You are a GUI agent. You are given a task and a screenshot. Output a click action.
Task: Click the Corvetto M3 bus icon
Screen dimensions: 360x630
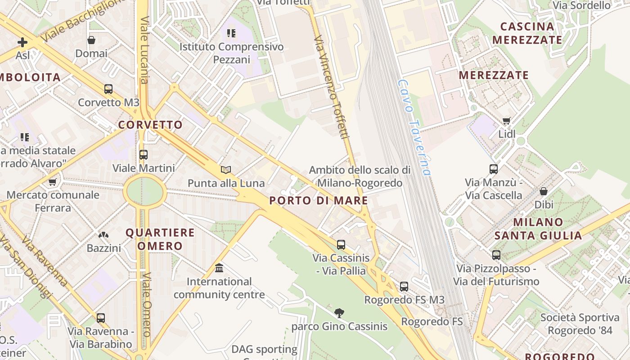pyautogui.click(x=108, y=89)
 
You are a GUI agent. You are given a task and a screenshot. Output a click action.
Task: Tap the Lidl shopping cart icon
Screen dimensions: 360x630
pyautogui.click(x=507, y=121)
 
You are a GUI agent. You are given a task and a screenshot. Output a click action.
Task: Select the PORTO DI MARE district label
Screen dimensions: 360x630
pyautogui.click(x=319, y=201)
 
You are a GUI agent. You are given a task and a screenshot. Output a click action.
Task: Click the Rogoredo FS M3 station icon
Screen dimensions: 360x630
pyautogui.click(x=404, y=286)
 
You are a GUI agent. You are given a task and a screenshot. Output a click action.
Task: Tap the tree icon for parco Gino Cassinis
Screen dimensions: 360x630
pyautogui.click(x=339, y=313)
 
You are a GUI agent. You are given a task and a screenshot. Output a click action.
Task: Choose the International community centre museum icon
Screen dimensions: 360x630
pyautogui.click(x=219, y=268)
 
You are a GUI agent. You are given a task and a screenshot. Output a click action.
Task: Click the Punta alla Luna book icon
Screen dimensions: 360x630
pyautogui.click(x=226, y=170)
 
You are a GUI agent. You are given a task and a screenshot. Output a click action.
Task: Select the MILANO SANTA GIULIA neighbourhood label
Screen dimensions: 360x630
pyautogui.click(x=538, y=229)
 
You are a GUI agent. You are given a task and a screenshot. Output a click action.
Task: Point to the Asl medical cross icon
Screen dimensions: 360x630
pyautogui.click(x=22, y=43)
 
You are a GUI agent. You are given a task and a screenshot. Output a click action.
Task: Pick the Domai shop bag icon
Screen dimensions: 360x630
pyautogui.click(x=91, y=40)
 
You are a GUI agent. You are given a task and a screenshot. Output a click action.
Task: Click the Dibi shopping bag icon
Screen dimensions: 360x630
pyautogui.click(x=544, y=191)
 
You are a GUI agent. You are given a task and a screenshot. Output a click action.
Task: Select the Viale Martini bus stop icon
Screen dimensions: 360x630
pyautogui.click(x=144, y=155)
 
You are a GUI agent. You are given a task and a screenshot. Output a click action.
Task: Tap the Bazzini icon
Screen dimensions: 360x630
pyautogui.click(x=103, y=235)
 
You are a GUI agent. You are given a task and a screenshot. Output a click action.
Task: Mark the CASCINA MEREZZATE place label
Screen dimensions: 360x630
pyautogui.click(x=527, y=33)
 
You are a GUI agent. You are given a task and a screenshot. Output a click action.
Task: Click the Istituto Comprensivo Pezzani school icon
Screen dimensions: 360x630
pyautogui.click(x=231, y=33)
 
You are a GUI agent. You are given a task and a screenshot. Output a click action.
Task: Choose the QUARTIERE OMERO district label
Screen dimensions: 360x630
pyautogui.click(x=160, y=239)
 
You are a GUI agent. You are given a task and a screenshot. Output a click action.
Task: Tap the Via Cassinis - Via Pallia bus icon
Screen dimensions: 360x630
pyautogui.click(x=341, y=245)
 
